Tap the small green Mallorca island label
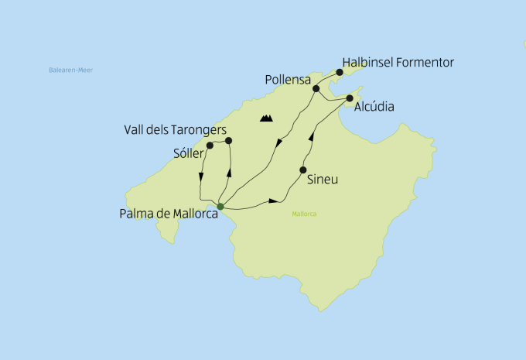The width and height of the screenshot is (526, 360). [305, 214]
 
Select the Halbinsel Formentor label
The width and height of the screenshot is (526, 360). [398, 62]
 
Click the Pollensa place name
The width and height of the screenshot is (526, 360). [288, 80]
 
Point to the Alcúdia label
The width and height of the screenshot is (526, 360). [374, 107]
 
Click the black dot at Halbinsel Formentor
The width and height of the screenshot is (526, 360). [339, 72]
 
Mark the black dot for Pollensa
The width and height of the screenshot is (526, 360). [316, 89]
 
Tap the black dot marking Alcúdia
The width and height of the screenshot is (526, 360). [350, 98]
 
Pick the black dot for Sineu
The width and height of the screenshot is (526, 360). [302, 170]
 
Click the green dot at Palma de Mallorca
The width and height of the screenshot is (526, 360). [220, 206]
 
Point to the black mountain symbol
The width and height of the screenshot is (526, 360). [267, 118]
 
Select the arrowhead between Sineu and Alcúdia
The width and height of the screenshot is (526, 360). [311, 137]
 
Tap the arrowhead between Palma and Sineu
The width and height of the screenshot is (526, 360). [272, 201]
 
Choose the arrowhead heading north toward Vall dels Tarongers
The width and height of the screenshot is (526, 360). [230, 170]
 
